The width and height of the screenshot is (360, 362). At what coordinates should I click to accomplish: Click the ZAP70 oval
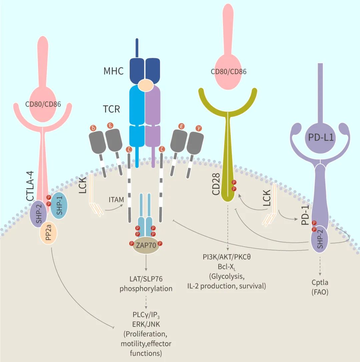[x=146, y=245]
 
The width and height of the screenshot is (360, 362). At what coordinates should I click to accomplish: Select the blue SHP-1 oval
[x=59, y=205]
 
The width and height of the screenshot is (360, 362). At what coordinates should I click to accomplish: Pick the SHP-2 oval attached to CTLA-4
[x=39, y=214]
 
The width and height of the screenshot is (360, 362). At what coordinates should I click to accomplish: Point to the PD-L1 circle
[x=321, y=138]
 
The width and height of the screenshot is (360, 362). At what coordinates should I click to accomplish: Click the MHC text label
[x=113, y=71]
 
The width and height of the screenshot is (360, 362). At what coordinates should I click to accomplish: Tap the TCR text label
[x=111, y=109]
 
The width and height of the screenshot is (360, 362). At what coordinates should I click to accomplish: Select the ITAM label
[x=116, y=199]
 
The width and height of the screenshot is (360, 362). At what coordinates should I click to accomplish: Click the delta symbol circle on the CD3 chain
[x=93, y=128]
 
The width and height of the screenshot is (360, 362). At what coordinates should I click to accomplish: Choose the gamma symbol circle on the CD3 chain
[x=199, y=128]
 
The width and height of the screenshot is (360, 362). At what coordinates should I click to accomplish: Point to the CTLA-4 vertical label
[x=30, y=186]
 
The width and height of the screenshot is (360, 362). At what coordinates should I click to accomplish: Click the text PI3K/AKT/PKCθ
[x=227, y=257]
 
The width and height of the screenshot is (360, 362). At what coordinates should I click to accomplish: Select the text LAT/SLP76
[x=146, y=279]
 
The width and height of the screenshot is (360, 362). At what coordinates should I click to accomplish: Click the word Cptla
[x=320, y=282]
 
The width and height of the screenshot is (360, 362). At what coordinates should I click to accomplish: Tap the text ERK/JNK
[x=146, y=324]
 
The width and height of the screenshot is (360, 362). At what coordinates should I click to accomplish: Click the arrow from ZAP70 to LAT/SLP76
[x=146, y=262]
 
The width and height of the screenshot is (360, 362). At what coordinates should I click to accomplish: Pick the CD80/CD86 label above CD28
[x=229, y=72]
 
